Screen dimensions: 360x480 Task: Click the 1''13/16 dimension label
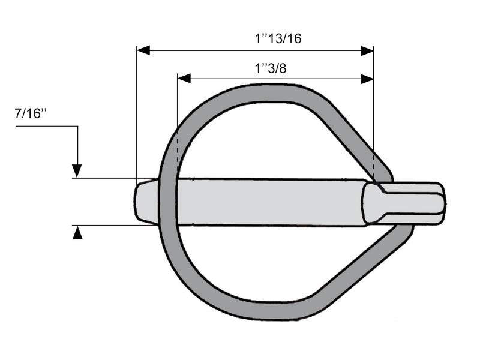tap(277, 39)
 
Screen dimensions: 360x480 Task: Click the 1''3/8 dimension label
tap(271, 68)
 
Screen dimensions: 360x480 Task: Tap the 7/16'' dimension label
tap(31, 115)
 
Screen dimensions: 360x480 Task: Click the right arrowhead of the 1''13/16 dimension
tap(367, 50)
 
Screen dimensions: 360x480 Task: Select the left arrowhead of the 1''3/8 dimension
tap(184, 79)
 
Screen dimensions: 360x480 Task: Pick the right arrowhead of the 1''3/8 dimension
tap(367, 79)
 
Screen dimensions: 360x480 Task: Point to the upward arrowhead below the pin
tap(77, 233)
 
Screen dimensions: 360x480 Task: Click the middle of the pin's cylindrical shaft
tap(270, 202)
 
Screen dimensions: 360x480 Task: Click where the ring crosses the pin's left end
tap(165, 201)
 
